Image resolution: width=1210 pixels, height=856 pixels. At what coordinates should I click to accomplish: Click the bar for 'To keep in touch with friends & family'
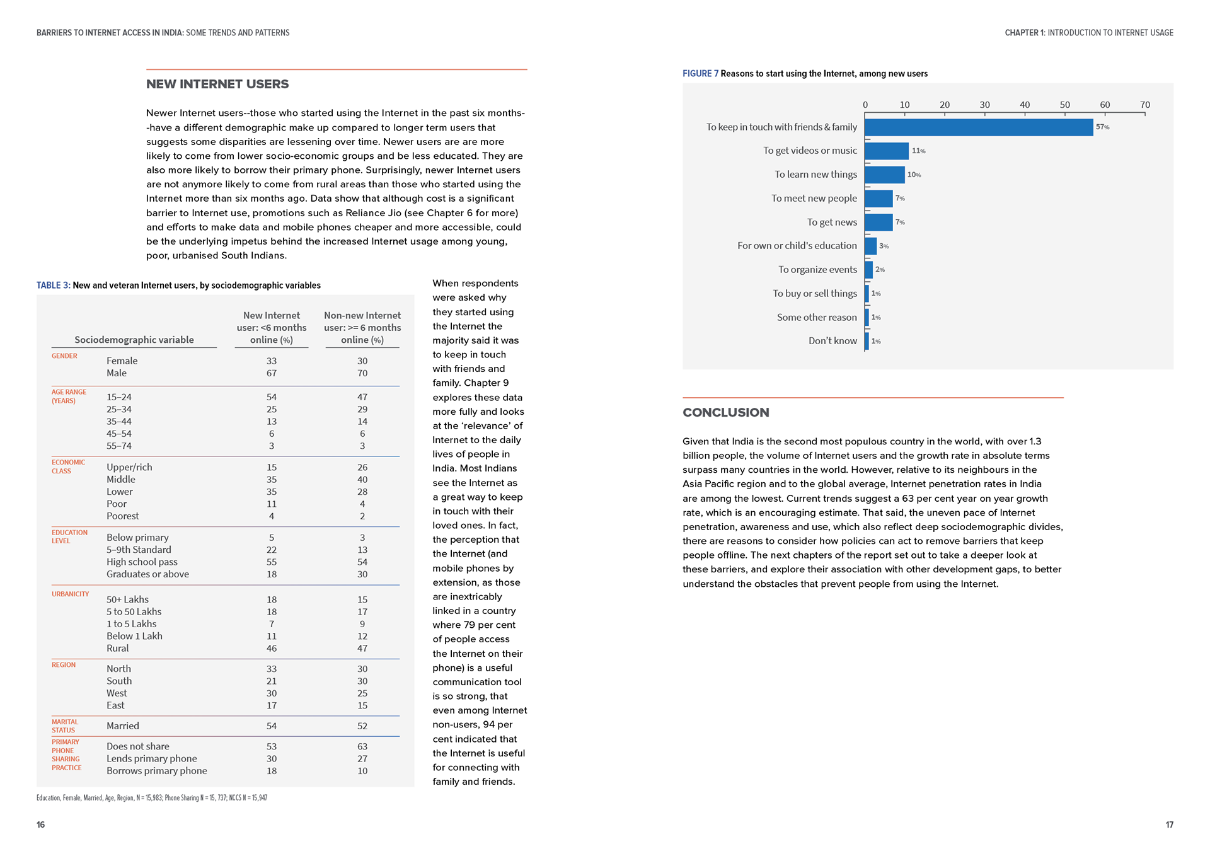[x=978, y=127]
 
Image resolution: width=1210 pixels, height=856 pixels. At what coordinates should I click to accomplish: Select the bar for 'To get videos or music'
[x=886, y=151]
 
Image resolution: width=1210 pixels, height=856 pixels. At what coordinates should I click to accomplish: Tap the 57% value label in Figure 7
[x=1102, y=127]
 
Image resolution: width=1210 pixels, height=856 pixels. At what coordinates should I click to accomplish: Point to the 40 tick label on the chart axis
[x=1025, y=105]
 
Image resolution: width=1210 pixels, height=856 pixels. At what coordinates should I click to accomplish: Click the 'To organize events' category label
[x=817, y=270]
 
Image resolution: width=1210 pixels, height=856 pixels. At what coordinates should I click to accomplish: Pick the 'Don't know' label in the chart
[x=833, y=341]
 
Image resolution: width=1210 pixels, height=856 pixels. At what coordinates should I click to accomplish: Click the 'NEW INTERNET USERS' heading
[x=217, y=84]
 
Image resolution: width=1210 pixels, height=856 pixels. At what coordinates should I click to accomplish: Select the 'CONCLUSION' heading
[x=725, y=413]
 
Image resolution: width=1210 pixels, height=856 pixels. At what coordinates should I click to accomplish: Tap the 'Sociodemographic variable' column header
[x=134, y=340]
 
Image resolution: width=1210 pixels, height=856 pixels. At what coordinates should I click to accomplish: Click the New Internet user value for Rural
[x=272, y=649]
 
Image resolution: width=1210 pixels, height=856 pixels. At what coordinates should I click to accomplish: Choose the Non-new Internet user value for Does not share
[x=362, y=747]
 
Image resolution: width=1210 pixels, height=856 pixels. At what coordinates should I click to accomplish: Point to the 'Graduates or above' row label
[x=147, y=574]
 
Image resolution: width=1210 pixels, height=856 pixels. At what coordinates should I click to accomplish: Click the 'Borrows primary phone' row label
[x=156, y=771]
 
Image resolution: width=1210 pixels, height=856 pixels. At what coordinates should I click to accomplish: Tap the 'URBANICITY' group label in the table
[x=71, y=594]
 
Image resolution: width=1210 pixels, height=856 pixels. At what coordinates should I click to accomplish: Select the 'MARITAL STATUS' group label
[x=65, y=726]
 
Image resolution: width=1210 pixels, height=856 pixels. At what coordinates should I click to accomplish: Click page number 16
[x=41, y=825]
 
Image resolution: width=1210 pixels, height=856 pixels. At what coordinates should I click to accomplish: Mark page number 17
[x=1169, y=825]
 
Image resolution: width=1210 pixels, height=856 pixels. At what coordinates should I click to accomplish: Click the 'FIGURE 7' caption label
[x=700, y=74]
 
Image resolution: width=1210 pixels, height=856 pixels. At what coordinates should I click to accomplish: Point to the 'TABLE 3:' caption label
[x=54, y=286]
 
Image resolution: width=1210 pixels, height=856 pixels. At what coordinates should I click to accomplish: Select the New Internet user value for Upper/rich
[x=272, y=468]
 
